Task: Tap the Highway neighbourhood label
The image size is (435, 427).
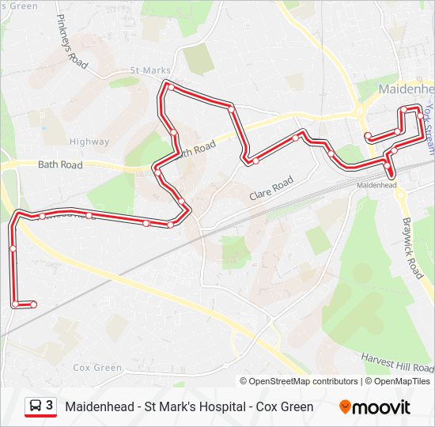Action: pos(89,142)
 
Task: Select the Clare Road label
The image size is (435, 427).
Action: pos(271,187)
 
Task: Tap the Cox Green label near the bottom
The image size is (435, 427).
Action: pos(97,368)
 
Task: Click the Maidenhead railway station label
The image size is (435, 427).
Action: pos(376,185)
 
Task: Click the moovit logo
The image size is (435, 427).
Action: pos(375,407)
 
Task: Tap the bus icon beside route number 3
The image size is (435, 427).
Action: pos(36,406)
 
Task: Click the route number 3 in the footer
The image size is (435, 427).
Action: pos(50,406)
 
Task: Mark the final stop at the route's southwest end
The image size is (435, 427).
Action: pos(33,304)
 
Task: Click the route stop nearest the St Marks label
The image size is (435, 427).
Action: pos(169,87)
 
